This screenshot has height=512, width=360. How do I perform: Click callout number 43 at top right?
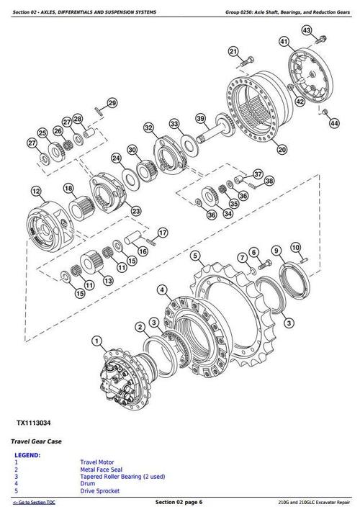coord(307,30)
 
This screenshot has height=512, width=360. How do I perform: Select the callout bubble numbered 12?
coord(35,192)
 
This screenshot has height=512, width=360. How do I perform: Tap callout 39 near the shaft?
coord(201,120)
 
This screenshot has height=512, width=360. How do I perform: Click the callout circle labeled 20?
coord(282,150)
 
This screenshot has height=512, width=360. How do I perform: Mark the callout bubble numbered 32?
coord(149,128)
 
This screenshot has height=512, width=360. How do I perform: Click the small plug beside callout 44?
coord(325,112)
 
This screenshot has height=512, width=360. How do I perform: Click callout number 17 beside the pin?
coord(163,233)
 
